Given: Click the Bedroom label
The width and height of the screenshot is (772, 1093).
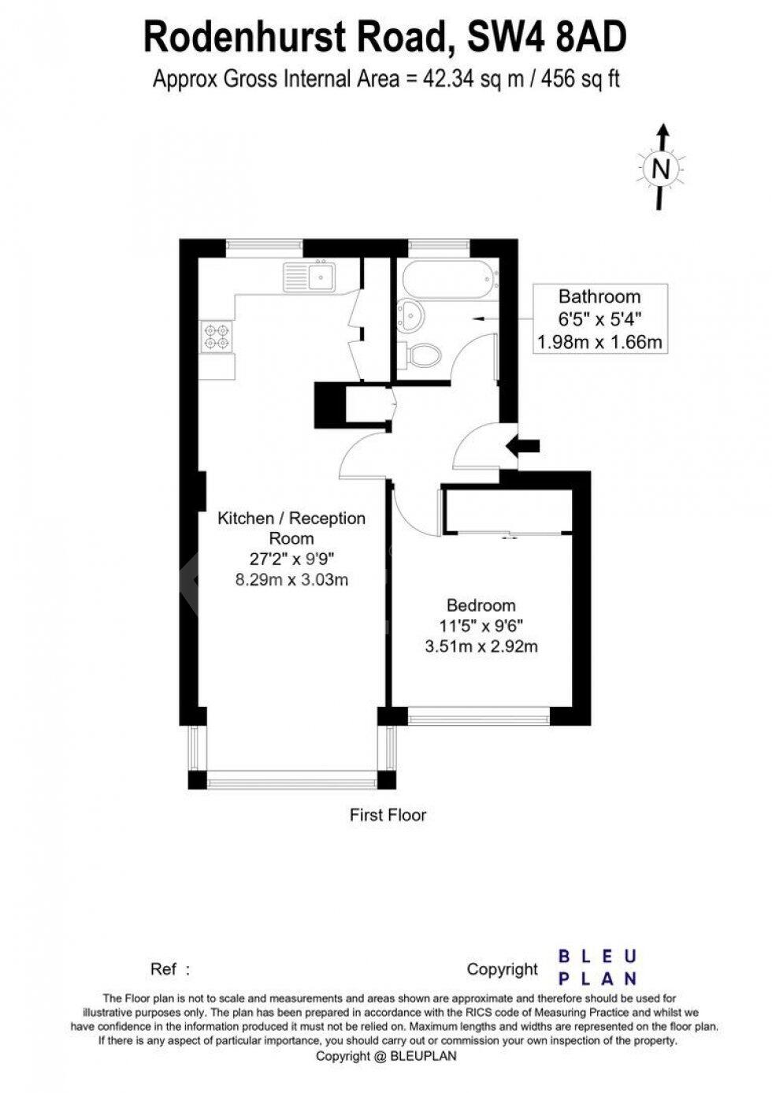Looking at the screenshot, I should point(481,605).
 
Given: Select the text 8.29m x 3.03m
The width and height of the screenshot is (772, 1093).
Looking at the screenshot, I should point(291,580).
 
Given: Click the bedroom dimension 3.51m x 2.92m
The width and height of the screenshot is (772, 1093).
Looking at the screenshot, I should point(481,647).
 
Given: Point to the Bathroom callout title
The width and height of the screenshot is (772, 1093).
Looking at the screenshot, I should point(599,297).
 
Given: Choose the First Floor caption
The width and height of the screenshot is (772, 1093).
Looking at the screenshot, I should point(388,815).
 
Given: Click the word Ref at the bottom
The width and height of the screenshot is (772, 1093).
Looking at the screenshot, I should point(164,968).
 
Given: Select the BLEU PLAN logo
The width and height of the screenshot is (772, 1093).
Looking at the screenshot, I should point(597,968).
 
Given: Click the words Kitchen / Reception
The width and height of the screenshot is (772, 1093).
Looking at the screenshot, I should point(291,519).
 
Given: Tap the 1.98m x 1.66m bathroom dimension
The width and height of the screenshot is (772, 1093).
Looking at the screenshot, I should point(599,342).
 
